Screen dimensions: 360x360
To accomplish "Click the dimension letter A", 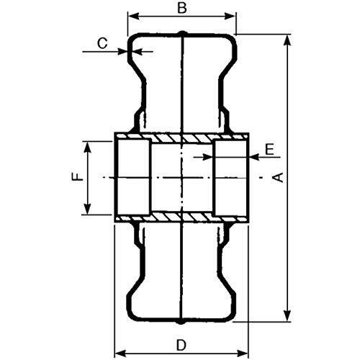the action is coord(279,177).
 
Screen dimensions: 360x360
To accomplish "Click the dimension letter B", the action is coord(182,8).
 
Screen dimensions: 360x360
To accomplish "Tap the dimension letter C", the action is coord(102,43).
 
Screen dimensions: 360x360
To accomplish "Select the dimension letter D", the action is coord(181,346).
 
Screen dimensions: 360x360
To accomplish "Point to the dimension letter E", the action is coord(270,149).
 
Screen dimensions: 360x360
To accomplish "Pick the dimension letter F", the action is coord(78,177).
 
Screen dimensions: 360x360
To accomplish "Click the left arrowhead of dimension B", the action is coord(133,17).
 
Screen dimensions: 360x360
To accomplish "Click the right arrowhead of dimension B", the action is coord(230,17).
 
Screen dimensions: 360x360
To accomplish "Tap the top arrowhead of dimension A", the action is coord(287,40).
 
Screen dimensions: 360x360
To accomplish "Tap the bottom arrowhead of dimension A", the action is coord(287,315).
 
